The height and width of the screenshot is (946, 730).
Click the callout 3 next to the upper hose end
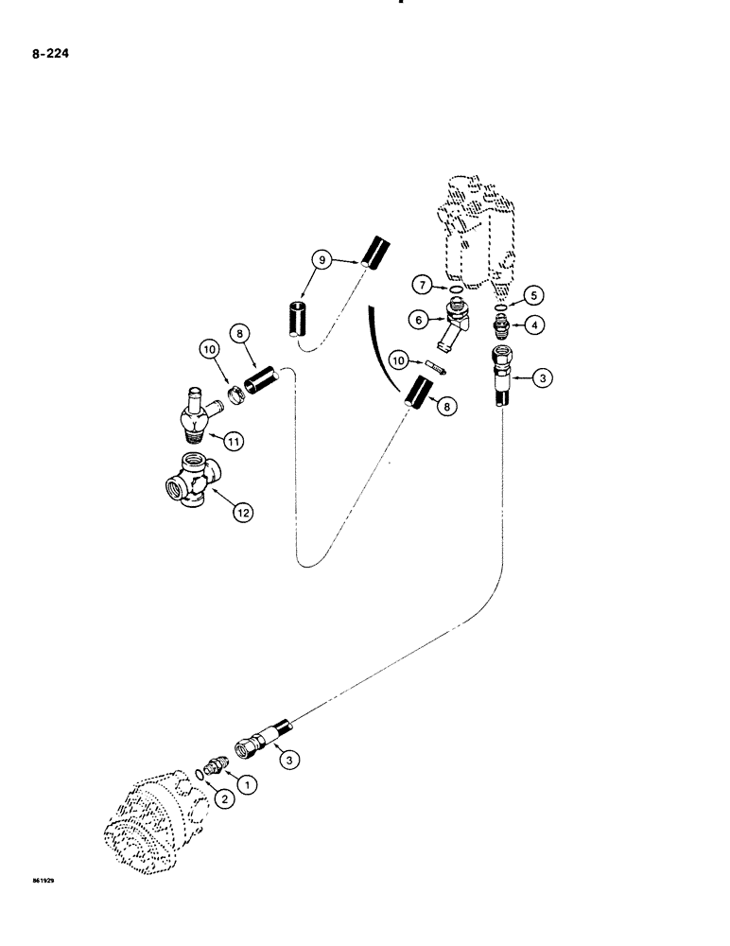542,380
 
